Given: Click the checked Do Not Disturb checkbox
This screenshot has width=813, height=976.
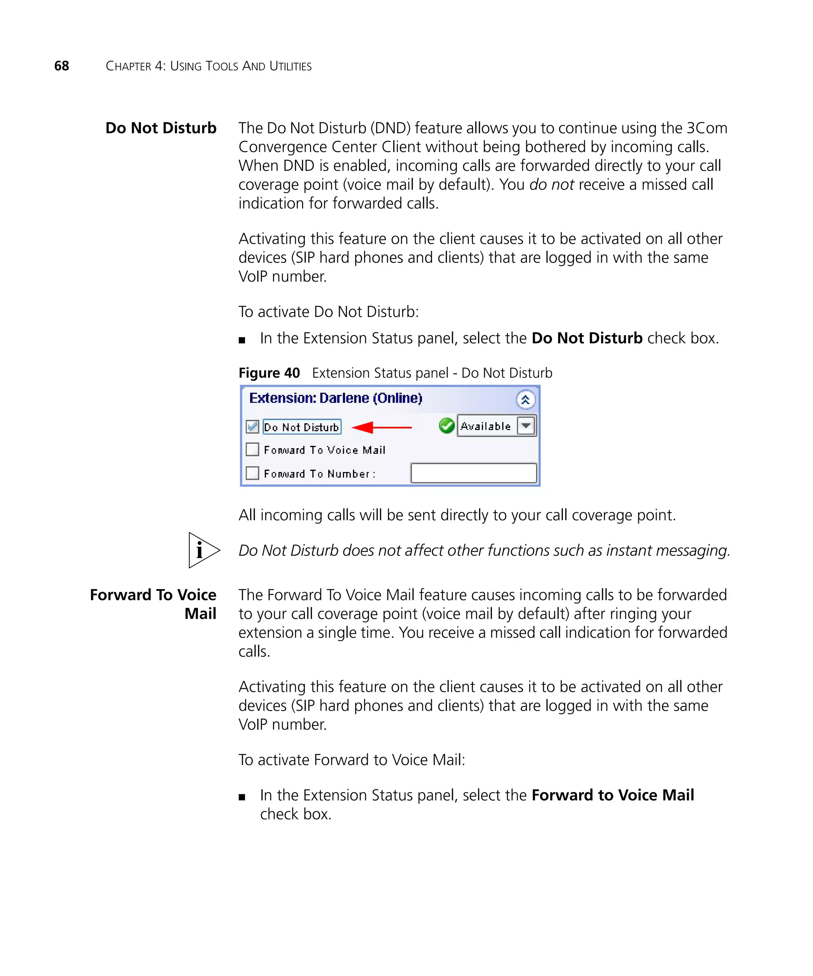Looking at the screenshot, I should point(252,426).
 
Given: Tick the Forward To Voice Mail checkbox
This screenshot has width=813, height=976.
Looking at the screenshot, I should point(252,449).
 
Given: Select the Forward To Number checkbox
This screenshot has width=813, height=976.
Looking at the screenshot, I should point(252,473).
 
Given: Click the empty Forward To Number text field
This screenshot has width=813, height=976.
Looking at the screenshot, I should point(474,473).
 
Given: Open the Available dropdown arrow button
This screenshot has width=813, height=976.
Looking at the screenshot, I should point(526,426).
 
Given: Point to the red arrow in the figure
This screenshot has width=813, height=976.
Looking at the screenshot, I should point(381,427).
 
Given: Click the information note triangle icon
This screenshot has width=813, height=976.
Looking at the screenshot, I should point(202,550).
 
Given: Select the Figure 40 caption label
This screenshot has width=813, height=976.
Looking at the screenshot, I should point(269,373).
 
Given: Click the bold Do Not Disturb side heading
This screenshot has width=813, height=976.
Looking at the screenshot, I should point(161,128).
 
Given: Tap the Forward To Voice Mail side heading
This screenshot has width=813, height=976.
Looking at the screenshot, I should point(153,604).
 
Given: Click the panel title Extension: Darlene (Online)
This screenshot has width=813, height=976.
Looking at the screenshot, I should point(335,398).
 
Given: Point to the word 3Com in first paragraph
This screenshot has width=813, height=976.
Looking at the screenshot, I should point(707,128).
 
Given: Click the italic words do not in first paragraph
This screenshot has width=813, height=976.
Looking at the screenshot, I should point(551,185).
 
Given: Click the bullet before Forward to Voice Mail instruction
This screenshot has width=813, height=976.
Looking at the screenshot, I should point(242,797).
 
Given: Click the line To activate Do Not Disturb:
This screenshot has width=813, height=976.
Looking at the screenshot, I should point(328,312).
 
